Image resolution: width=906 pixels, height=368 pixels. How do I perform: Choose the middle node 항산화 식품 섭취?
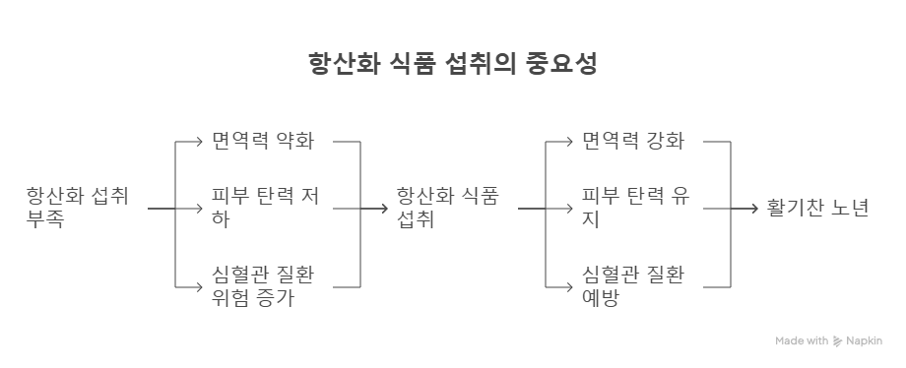[x=448, y=208]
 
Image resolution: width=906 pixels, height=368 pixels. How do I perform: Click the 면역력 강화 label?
[x=632, y=141]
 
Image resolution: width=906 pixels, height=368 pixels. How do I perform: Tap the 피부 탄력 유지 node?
[x=635, y=208]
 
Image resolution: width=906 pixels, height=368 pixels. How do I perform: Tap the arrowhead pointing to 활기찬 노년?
[x=757, y=209]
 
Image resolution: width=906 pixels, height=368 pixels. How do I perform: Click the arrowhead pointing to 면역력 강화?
[x=573, y=142]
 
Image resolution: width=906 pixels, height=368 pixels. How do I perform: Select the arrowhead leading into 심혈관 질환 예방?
[x=573, y=286]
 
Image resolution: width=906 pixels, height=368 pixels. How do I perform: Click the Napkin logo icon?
[x=837, y=341]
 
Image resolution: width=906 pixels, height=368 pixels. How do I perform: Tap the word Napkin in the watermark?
[x=864, y=341]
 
